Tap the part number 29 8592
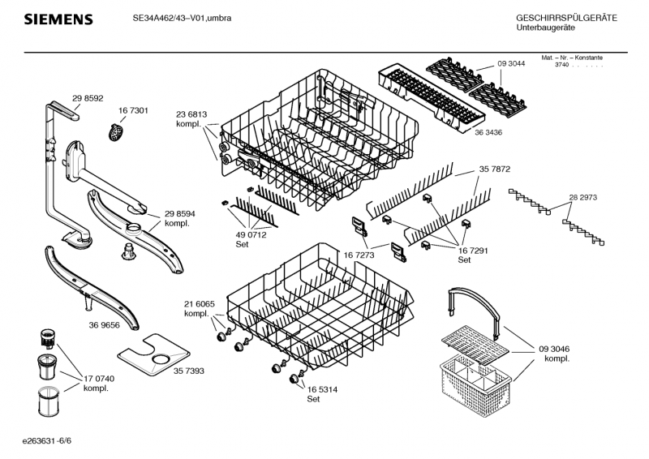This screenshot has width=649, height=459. click(88, 98)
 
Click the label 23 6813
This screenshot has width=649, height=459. click(191, 114)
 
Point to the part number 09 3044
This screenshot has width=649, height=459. click(512, 65)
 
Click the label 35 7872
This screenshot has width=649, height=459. click(494, 170)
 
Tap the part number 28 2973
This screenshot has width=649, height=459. click(583, 198)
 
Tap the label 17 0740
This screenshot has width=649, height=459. click(100, 379)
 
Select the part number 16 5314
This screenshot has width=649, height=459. click(322, 390)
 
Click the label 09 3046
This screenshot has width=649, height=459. click(554, 349)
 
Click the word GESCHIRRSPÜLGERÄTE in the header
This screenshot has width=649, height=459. click(566, 18)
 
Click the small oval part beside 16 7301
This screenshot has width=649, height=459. click(118, 129)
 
